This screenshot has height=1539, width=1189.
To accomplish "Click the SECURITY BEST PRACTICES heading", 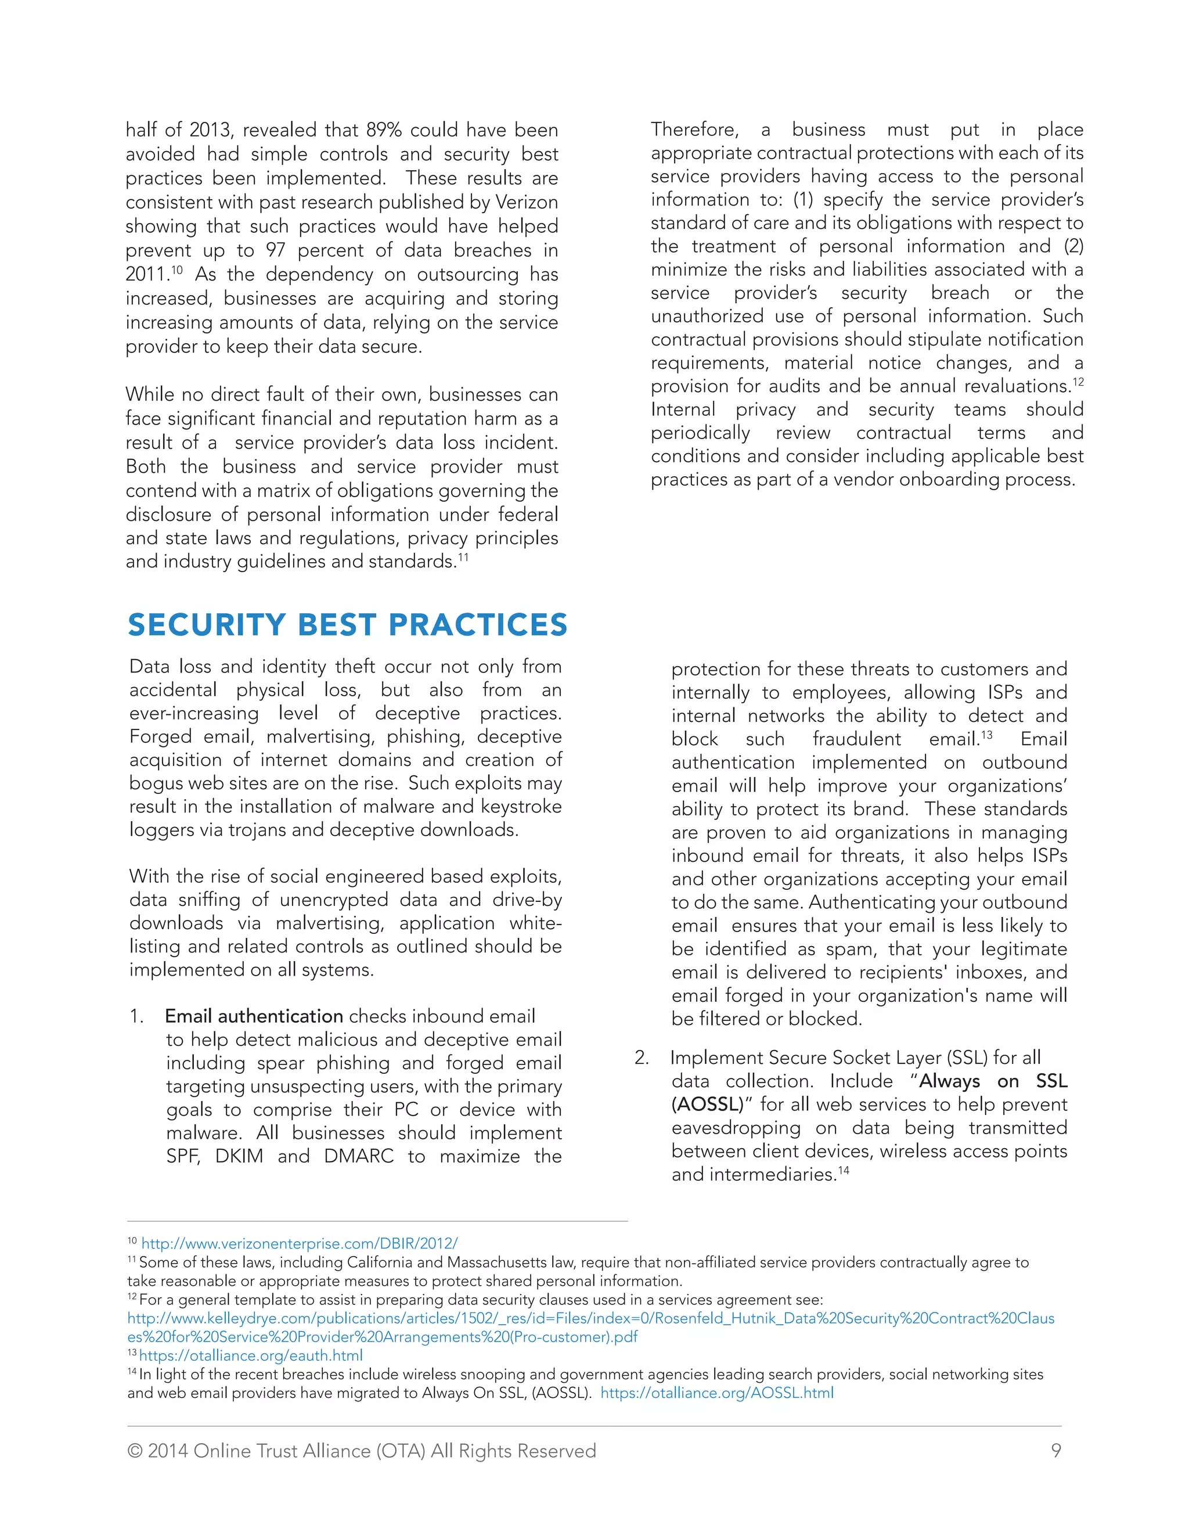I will [347, 625].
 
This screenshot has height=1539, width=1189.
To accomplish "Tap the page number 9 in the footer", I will [1056, 1450].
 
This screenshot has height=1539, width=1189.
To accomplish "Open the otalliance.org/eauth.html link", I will [251, 1355].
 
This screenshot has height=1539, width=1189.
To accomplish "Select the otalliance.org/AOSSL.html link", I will [716, 1393].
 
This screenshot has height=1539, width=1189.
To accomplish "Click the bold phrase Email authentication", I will [254, 1016].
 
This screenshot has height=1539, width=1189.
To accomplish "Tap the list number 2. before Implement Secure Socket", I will [641, 1058].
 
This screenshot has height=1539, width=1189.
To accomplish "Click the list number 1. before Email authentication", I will [136, 1016].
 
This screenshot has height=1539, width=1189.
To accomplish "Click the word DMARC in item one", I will [359, 1156].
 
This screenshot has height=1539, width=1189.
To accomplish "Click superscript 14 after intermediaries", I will [843, 1170].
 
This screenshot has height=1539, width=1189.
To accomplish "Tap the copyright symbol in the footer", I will [135, 1450].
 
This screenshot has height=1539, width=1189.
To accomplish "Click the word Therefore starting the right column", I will [694, 130].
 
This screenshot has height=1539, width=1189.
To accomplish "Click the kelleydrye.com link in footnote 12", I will [590, 1318].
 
